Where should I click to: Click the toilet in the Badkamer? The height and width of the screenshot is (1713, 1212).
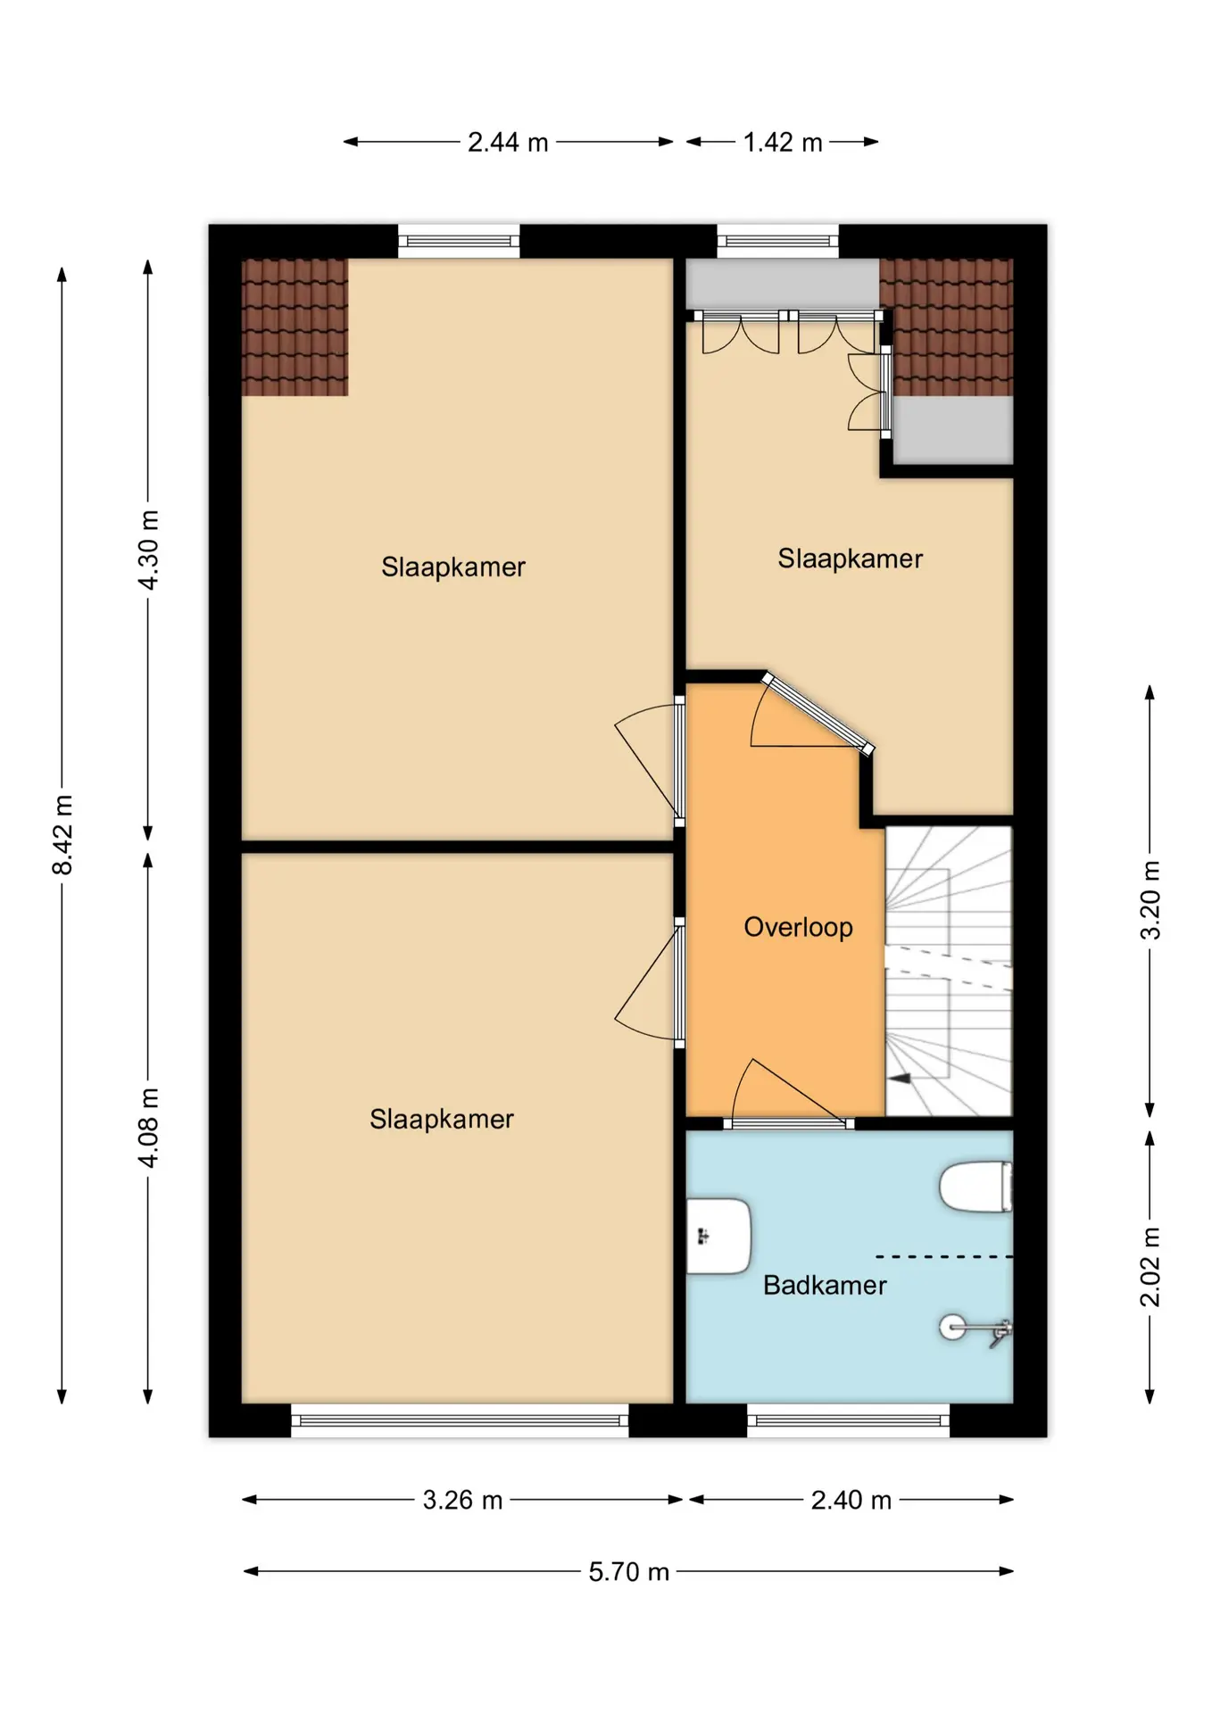click(975, 1187)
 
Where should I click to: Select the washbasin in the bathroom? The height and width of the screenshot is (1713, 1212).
click(718, 1236)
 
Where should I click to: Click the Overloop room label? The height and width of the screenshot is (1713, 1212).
click(798, 927)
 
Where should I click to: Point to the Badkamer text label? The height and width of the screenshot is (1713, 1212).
click(825, 1285)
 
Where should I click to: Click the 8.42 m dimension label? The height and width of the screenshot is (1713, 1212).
click(62, 834)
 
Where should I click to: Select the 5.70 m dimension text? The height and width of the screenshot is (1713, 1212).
click(628, 1571)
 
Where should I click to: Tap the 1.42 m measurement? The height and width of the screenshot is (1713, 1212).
click(783, 142)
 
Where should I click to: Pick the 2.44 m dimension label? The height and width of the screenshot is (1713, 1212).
click(508, 142)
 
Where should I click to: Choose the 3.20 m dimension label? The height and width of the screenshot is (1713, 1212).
click(1150, 900)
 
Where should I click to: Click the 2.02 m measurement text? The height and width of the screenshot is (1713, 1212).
click(1150, 1267)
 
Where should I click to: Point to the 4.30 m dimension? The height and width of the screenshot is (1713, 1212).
click(148, 550)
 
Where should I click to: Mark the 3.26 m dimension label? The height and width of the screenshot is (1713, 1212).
click(462, 1500)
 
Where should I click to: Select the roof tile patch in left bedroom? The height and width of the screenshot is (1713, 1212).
click(295, 327)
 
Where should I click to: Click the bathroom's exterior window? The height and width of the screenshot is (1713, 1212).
click(848, 1420)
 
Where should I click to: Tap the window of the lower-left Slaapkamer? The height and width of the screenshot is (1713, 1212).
click(460, 1420)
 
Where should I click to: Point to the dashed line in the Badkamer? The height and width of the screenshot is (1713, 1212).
click(944, 1256)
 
